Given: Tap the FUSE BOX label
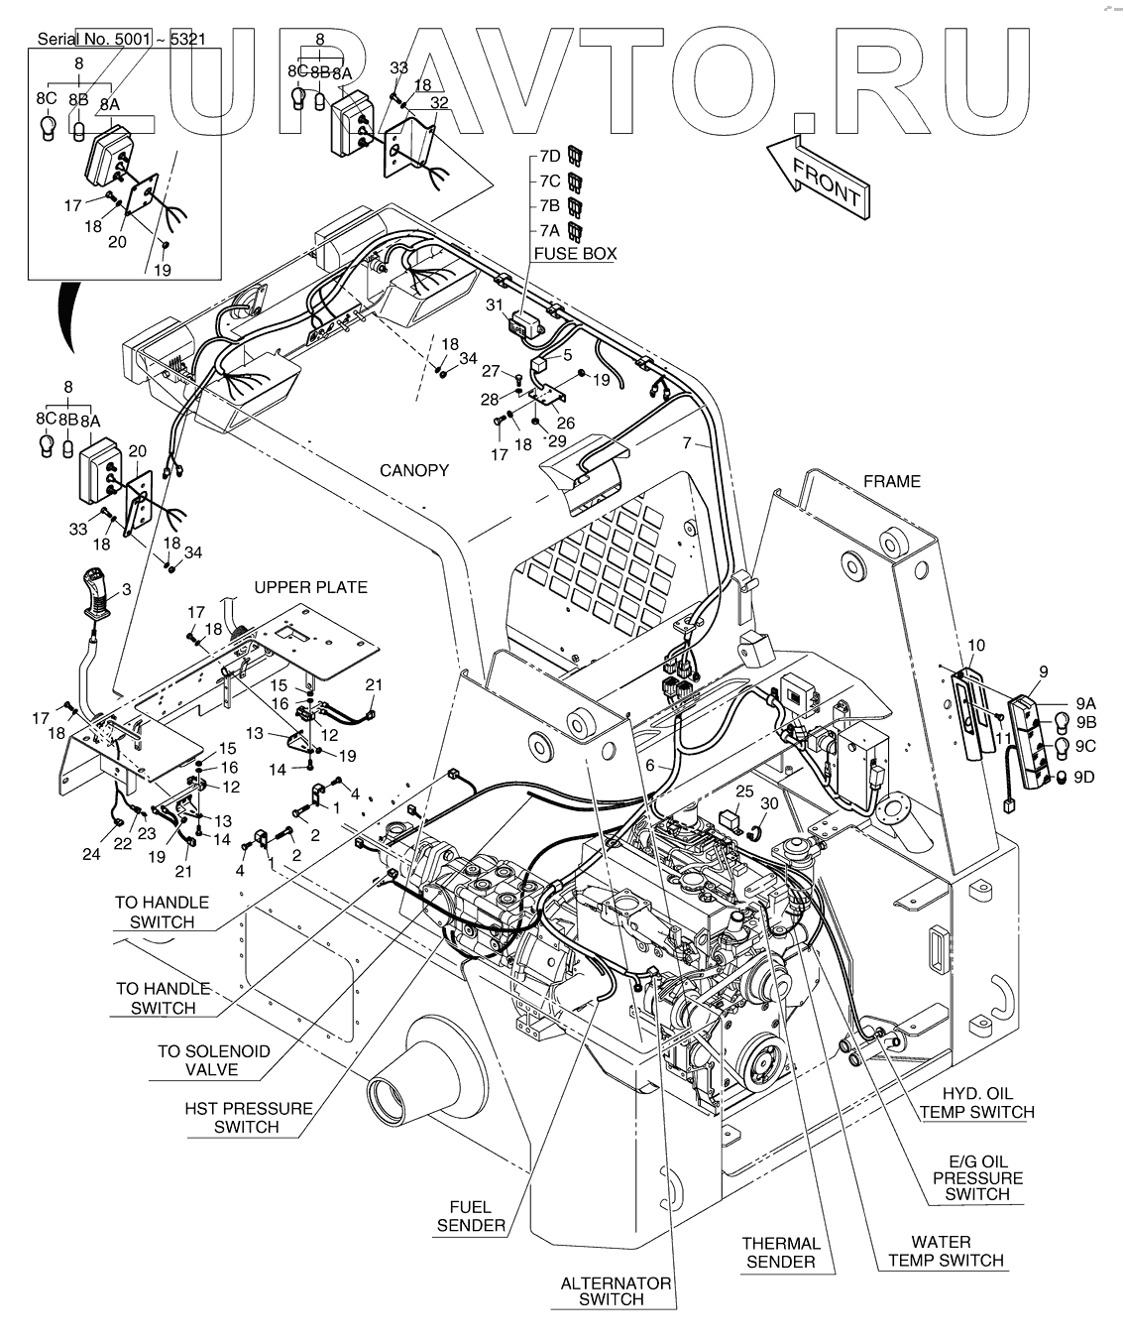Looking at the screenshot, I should click(575, 254).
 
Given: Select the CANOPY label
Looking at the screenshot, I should click(414, 470).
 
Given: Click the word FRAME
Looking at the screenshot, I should click(891, 482).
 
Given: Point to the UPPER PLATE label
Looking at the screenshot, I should click(310, 587).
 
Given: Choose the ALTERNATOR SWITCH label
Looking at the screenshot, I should click(616, 1290).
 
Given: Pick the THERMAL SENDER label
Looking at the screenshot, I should click(782, 1252).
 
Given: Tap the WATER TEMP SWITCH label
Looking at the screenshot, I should click(945, 1251).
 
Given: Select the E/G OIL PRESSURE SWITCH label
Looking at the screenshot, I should click(977, 1178).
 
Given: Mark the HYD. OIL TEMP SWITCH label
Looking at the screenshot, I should click(976, 1102).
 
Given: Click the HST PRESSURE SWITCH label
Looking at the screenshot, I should click(248, 1118).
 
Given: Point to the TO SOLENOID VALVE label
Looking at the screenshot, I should click(213, 1060).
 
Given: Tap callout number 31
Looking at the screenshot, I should click(495, 306).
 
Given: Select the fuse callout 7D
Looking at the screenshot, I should click(550, 156).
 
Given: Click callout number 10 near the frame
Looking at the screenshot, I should click(975, 646).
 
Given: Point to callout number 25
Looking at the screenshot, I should click(744, 791).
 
